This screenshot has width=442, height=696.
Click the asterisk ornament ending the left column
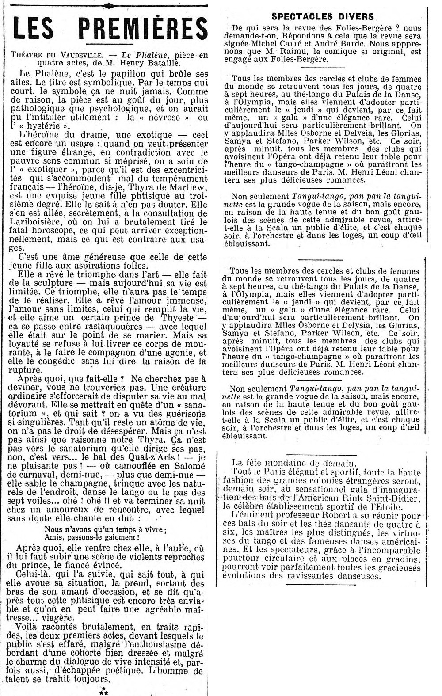(x=104, y=691)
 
